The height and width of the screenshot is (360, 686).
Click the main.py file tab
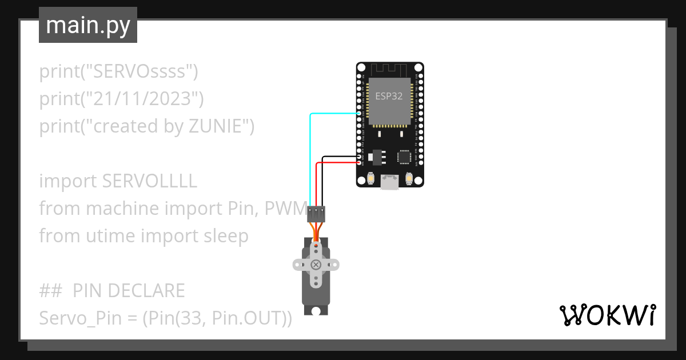pos(88,25)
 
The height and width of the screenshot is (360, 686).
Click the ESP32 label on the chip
pos(389,96)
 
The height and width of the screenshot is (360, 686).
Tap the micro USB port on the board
pos(390,182)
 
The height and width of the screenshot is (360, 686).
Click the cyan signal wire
pos(310,154)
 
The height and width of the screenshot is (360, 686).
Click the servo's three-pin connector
pos(316,214)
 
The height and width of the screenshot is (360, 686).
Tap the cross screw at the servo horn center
pos(316,265)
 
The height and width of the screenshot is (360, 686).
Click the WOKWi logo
pos(607,315)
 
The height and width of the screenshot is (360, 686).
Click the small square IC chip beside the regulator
pos(404,157)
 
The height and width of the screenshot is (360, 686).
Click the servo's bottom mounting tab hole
pos(316,310)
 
